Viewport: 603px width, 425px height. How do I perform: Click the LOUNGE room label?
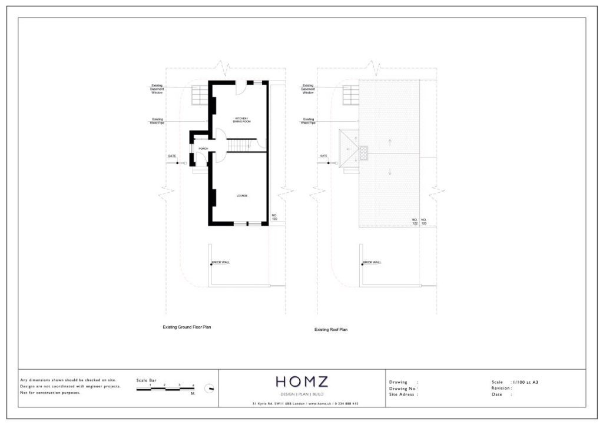click(241, 195)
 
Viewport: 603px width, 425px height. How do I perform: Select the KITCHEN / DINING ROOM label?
click(241, 120)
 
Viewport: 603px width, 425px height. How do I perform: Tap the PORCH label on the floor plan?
click(203, 149)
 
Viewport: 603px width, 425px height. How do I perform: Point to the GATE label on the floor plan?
click(172, 156)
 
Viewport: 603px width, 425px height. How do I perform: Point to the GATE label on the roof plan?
click(323, 156)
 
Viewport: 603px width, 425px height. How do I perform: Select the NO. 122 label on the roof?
click(415, 222)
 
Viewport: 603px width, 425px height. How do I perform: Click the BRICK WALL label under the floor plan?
click(221, 262)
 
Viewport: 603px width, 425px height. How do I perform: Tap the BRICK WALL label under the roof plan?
click(372, 262)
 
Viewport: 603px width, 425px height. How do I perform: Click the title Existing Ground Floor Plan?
click(187, 327)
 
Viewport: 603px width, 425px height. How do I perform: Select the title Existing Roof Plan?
click(331, 330)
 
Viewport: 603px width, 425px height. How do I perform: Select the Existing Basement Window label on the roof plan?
click(308, 89)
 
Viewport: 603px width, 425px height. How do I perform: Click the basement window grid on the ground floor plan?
click(199, 95)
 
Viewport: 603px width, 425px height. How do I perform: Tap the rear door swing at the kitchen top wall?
click(239, 88)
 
